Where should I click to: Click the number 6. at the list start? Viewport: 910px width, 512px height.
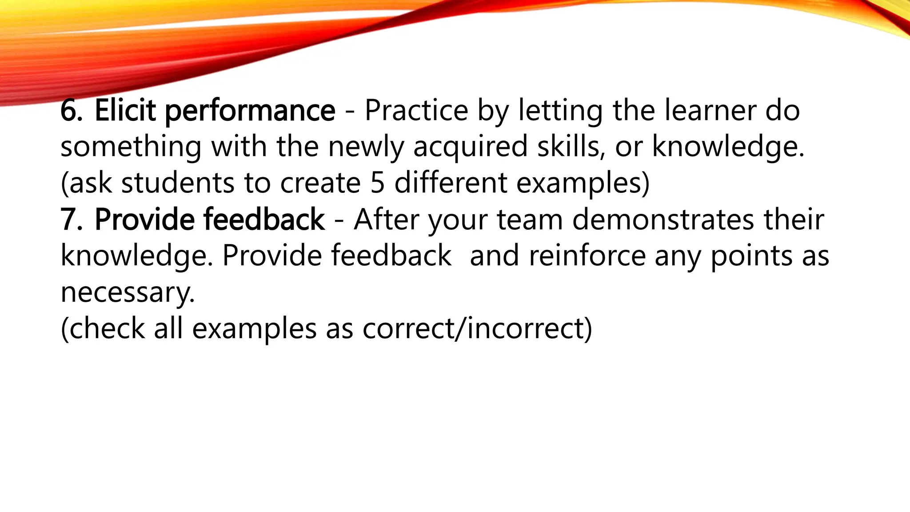[x=71, y=111]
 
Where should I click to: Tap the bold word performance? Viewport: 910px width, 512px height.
[x=250, y=112]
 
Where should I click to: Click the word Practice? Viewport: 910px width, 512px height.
[x=416, y=111]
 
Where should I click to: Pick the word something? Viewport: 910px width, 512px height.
[x=131, y=147]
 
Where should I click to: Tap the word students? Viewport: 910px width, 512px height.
[x=177, y=183]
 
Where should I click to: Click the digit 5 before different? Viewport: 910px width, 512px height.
[x=377, y=183]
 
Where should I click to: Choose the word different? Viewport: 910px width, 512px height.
[x=451, y=183]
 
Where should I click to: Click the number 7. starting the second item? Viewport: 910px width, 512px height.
[x=71, y=220]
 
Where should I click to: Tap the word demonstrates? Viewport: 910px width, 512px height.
[x=663, y=220]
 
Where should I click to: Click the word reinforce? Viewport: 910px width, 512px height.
[x=587, y=256]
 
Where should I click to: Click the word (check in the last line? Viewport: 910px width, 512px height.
[x=103, y=329]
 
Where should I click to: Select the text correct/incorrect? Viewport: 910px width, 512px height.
[x=477, y=329]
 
